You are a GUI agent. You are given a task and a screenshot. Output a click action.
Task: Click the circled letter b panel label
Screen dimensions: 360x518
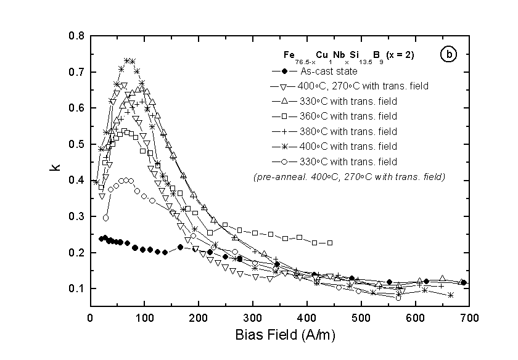coord(448,55)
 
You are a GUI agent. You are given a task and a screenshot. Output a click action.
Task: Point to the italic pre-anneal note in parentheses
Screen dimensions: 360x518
coord(349,177)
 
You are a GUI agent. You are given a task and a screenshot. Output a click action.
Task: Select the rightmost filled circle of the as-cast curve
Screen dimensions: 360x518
coord(463,283)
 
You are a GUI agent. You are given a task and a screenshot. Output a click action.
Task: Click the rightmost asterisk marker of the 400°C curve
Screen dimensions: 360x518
coord(451,295)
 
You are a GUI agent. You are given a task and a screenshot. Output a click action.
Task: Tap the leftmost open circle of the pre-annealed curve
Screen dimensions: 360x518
coord(105,218)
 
